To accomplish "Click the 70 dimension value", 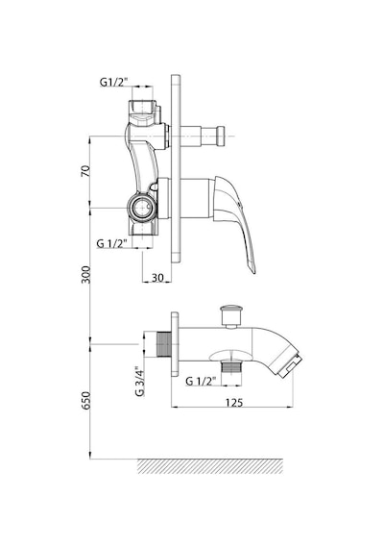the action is [x=85, y=171].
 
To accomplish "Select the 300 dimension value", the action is [x=85, y=275].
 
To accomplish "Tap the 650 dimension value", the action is [x=85, y=401].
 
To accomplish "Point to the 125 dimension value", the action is [x=234, y=402].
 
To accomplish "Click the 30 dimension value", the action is [x=157, y=278].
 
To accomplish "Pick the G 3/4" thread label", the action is [x=139, y=381].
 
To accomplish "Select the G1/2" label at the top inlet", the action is [x=114, y=82].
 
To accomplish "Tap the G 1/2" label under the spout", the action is [x=201, y=381].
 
